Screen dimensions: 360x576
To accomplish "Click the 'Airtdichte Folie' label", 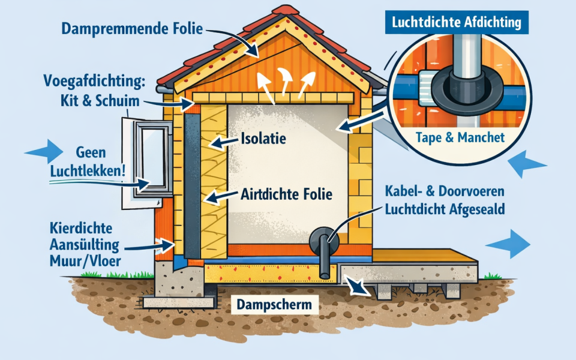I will tap(286, 194).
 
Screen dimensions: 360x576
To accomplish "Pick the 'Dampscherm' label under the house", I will tap(275, 305).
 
